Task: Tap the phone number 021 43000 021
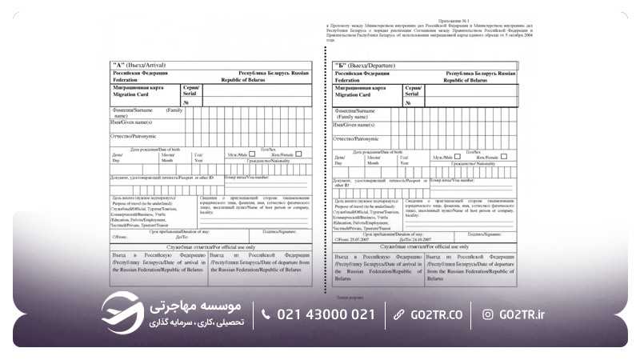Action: click(326, 314)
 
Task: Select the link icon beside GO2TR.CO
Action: click(398, 314)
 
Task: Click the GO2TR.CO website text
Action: click(434, 314)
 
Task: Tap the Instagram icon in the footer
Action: click(487, 314)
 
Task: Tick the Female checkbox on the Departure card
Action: click(504, 156)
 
